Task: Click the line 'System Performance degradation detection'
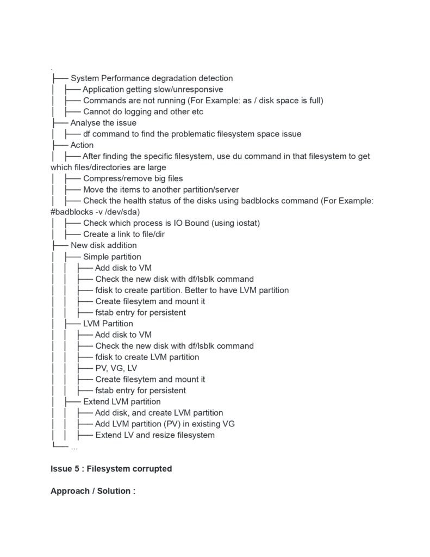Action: [151, 78]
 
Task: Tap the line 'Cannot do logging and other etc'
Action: [143, 112]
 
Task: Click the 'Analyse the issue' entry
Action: [103, 123]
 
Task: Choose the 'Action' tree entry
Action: [82, 145]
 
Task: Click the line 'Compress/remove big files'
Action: [133, 179]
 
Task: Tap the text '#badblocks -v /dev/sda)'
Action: [98, 212]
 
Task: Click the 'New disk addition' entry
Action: [103, 246]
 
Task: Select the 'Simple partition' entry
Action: [112, 257]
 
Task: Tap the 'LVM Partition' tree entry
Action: [108, 324]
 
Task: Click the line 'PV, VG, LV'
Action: [116, 368]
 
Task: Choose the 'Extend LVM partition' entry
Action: [122, 402]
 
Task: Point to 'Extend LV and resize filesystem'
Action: [155, 435]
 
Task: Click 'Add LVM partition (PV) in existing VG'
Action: [165, 424]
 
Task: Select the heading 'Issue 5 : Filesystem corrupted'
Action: [111, 469]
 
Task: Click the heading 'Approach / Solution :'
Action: [92, 491]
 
